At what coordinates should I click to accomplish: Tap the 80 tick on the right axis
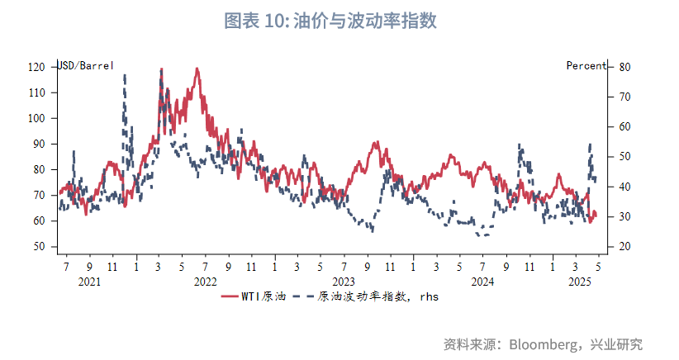(x=624, y=67)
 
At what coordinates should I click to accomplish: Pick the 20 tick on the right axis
(x=624, y=247)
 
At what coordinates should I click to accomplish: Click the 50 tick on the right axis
(x=624, y=157)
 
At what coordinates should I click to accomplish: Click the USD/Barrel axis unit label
(x=85, y=66)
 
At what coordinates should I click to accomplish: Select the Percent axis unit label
(x=586, y=66)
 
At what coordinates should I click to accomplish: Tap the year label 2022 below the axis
(x=206, y=282)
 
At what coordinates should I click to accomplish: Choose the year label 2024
(x=482, y=282)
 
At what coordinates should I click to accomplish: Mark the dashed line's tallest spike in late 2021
(x=125, y=76)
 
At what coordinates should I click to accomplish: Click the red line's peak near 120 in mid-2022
(x=197, y=69)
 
